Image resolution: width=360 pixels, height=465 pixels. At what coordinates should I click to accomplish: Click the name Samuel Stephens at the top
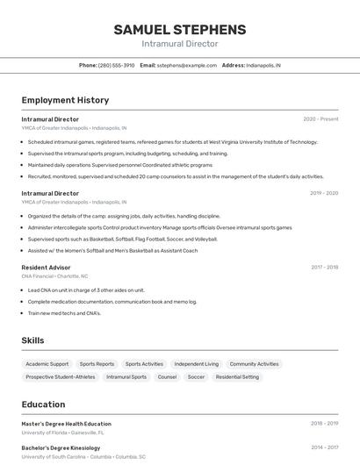pyautogui.click(x=179, y=30)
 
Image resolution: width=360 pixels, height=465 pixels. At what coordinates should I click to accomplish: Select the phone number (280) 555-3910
pyautogui.click(x=116, y=65)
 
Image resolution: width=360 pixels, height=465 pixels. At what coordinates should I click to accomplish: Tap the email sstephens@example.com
pyautogui.click(x=187, y=65)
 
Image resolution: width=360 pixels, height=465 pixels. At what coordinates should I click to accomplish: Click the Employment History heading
pyautogui.click(x=65, y=100)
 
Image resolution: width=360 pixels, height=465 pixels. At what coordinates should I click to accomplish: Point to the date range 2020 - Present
pyautogui.click(x=320, y=119)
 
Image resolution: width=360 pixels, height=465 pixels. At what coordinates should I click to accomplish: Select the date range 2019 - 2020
pyautogui.click(x=324, y=193)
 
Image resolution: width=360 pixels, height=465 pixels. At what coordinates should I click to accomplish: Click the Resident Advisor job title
pyautogui.click(x=46, y=268)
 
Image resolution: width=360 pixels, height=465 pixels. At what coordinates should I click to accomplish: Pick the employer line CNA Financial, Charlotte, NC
pyautogui.click(x=54, y=275)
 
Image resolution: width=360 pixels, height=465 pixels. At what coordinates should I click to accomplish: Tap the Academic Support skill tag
pyautogui.click(x=47, y=363)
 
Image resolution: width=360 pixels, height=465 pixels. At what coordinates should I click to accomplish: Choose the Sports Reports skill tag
pyautogui.click(x=97, y=363)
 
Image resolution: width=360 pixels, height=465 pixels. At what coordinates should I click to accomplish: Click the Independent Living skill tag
pyautogui.click(x=196, y=363)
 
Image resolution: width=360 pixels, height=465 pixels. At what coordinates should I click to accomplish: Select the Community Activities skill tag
pyautogui.click(x=254, y=363)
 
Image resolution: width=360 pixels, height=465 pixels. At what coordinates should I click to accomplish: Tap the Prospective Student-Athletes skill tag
pyautogui.click(x=61, y=377)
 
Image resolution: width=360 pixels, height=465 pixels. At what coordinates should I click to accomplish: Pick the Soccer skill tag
pyautogui.click(x=196, y=377)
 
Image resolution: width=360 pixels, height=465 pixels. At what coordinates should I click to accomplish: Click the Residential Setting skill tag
pyautogui.click(x=237, y=377)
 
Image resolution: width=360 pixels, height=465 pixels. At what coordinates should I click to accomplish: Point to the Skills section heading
pyautogui.click(x=33, y=340)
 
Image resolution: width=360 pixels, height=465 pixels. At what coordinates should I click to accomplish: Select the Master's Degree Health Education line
pyautogui.click(x=67, y=424)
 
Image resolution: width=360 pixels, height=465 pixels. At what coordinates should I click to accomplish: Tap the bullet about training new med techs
pyautogui.click(x=64, y=313)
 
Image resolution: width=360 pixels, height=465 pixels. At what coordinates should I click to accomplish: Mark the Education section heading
pyautogui.click(x=44, y=404)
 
